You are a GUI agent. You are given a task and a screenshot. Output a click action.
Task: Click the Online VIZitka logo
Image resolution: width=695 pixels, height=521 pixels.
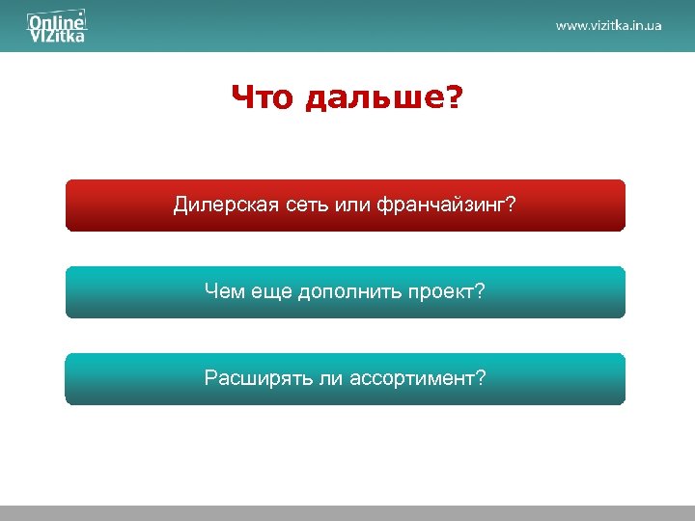(x=56, y=27)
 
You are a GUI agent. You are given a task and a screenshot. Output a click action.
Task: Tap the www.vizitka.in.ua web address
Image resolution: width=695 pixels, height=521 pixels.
(x=608, y=26)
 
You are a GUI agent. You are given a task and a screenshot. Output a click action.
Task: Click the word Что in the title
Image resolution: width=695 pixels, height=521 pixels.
(x=261, y=97)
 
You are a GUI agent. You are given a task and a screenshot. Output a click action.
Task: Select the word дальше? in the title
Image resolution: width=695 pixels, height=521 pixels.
(x=382, y=97)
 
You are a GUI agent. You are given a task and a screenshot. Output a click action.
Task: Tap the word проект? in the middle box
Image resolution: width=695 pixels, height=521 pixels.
(x=445, y=289)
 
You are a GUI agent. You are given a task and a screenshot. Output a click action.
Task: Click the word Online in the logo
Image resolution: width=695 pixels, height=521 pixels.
(x=52, y=19)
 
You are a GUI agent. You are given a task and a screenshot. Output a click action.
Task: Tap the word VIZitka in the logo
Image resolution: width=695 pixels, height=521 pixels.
(x=56, y=36)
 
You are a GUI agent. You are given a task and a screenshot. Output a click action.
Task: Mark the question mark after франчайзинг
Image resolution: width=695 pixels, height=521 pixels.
(x=512, y=206)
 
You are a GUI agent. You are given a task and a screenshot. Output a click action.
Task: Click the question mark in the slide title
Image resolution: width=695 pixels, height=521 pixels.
(x=454, y=97)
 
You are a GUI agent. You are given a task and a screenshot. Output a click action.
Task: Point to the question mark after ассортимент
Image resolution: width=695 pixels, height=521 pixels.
(x=481, y=377)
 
